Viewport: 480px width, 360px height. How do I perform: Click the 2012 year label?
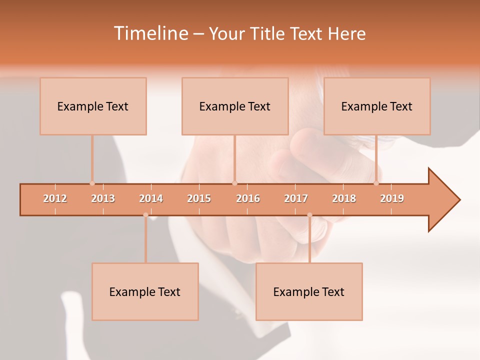click(x=55, y=198)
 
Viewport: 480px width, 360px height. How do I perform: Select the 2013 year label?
click(x=103, y=198)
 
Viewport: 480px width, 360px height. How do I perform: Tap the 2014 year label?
click(x=151, y=198)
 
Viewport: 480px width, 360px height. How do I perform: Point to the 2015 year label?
click(x=199, y=198)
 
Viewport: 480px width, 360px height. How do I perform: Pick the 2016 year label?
click(x=248, y=198)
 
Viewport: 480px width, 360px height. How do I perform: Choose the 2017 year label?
click(x=296, y=198)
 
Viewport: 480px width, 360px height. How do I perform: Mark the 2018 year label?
click(x=344, y=198)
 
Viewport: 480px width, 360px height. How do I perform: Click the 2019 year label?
click(x=392, y=198)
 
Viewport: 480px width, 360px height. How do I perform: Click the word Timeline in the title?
click(x=150, y=33)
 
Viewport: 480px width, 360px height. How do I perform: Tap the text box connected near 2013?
click(x=93, y=106)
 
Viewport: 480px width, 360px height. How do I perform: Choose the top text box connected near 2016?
click(x=235, y=106)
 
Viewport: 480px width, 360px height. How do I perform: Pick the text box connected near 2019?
click(x=377, y=106)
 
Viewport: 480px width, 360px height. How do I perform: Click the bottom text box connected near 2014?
click(x=145, y=291)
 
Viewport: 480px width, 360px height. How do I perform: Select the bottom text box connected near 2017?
click(x=309, y=291)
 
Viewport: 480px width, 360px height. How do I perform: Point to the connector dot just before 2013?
click(x=92, y=183)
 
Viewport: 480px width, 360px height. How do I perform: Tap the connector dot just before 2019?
click(x=376, y=183)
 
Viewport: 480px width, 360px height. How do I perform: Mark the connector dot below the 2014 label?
click(x=145, y=215)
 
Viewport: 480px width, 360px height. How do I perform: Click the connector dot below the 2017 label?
click(x=309, y=215)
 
